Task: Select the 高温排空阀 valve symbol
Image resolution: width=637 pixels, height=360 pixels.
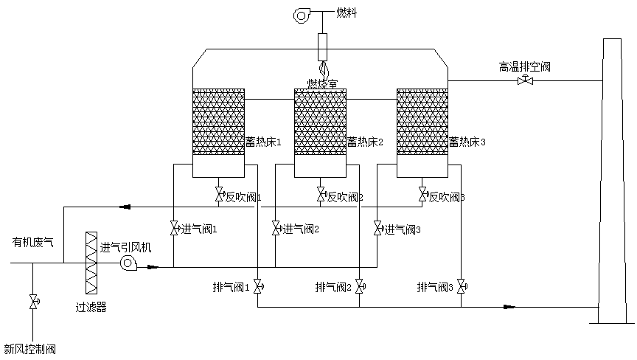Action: (x=525, y=80)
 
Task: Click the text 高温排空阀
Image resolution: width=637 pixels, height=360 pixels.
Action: (x=525, y=67)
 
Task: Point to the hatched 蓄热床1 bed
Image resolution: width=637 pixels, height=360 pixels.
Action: (x=218, y=122)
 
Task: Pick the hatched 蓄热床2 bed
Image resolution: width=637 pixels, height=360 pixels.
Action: (x=320, y=122)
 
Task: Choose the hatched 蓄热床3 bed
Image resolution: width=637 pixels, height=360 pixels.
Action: (x=422, y=122)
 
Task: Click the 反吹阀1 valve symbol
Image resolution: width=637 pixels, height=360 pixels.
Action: (x=219, y=195)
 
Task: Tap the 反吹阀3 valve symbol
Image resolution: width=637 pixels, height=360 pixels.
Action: (x=422, y=195)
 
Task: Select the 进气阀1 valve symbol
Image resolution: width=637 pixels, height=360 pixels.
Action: (x=174, y=229)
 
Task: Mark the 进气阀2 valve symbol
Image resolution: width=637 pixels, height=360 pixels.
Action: (x=276, y=229)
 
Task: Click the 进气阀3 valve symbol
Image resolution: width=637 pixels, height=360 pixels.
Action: (x=377, y=229)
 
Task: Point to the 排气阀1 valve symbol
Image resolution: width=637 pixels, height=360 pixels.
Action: (x=258, y=286)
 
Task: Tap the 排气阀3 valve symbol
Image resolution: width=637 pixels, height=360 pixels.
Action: (x=462, y=286)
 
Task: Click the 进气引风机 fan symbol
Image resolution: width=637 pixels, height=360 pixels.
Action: (x=128, y=263)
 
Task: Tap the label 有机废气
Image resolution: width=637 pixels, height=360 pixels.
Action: (x=32, y=241)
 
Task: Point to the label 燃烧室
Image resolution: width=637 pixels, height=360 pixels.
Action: (x=322, y=83)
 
